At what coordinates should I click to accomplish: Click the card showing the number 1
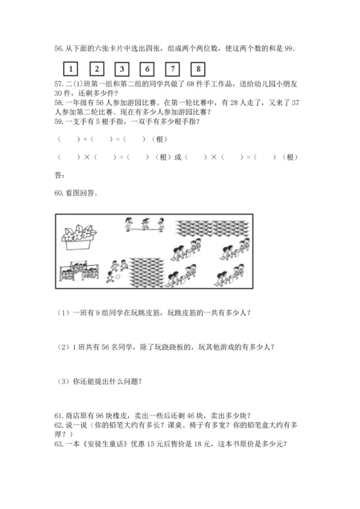click(x=71, y=70)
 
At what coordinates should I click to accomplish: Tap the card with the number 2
click(x=96, y=70)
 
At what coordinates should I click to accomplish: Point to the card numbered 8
click(x=197, y=70)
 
